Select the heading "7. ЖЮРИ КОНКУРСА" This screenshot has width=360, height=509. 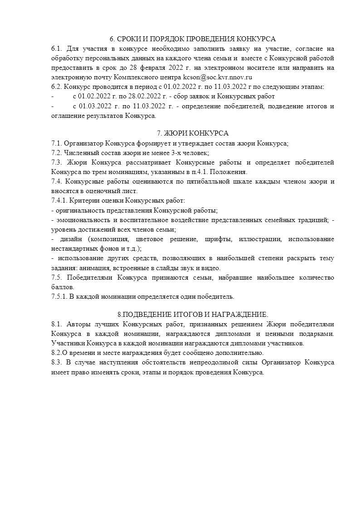193,133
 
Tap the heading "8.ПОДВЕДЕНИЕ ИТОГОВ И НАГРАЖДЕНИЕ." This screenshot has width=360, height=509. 193,315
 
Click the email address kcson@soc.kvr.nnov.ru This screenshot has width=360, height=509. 217,77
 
